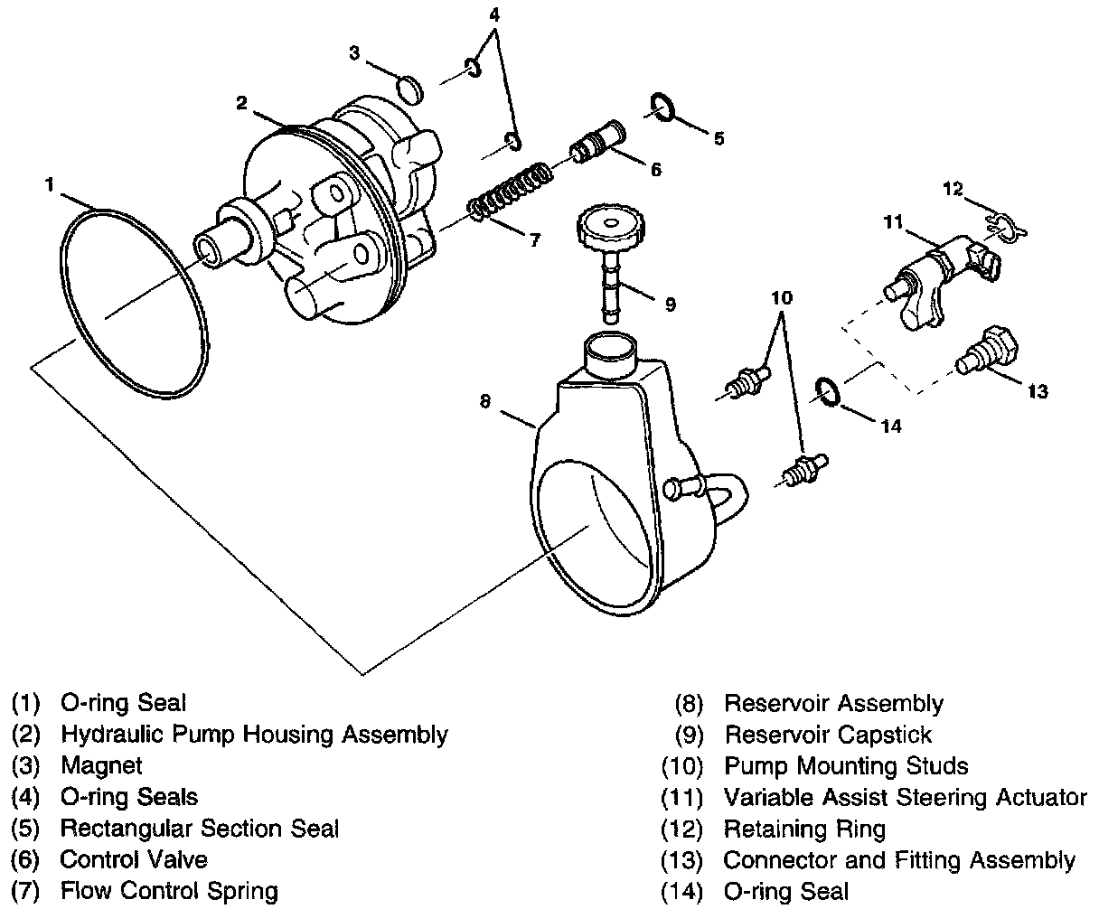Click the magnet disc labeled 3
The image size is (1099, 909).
(x=411, y=89)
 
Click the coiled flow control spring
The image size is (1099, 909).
(x=511, y=191)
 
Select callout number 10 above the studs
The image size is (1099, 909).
(x=782, y=297)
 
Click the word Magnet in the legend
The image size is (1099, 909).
(x=101, y=766)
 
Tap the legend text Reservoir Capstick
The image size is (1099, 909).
(x=827, y=735)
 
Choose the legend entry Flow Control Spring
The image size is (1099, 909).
(x=168, y=891)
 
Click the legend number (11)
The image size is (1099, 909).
(x=683, y=797)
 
